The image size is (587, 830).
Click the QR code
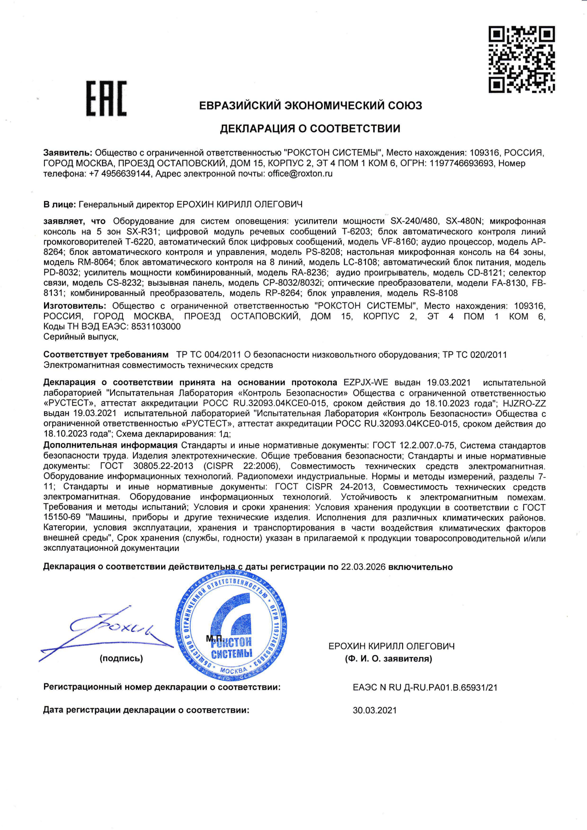pos(522,59)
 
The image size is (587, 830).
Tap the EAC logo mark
pos(106,98)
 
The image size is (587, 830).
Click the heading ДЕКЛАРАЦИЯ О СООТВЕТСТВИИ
pos(310,129)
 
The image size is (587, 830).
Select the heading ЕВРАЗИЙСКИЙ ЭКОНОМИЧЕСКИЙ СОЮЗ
pos(311,105)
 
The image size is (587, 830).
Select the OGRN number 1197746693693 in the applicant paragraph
pos(461,163)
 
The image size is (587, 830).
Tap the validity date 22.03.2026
pos(363,567)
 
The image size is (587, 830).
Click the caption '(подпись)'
pos(121,658)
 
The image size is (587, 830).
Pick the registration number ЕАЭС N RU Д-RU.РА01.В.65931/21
pos(425,687)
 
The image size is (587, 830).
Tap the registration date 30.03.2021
pos(375,710)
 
